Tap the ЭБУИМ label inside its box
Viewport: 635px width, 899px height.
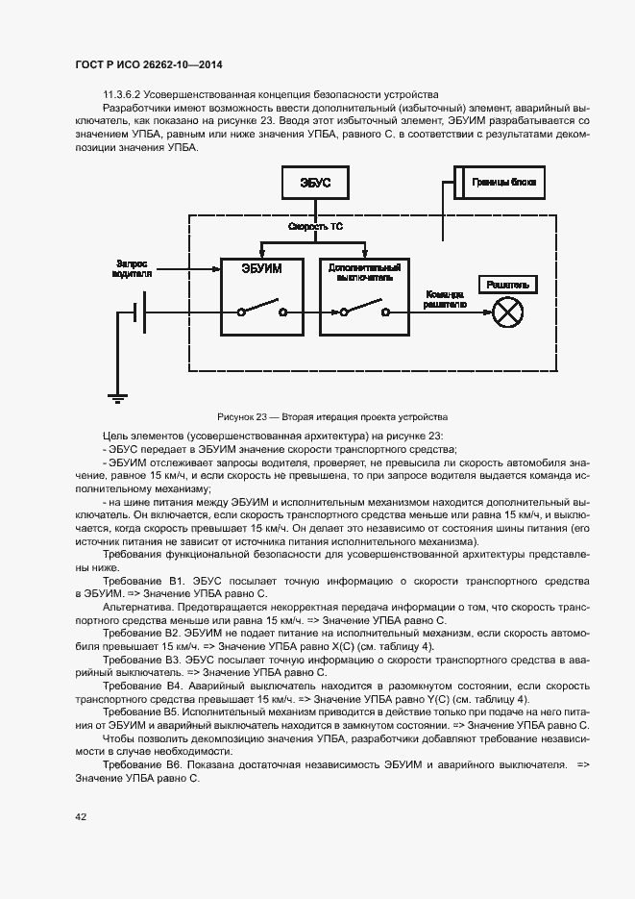260,269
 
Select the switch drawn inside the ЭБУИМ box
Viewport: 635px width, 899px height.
260,311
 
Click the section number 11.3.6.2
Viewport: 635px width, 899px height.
122,94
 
